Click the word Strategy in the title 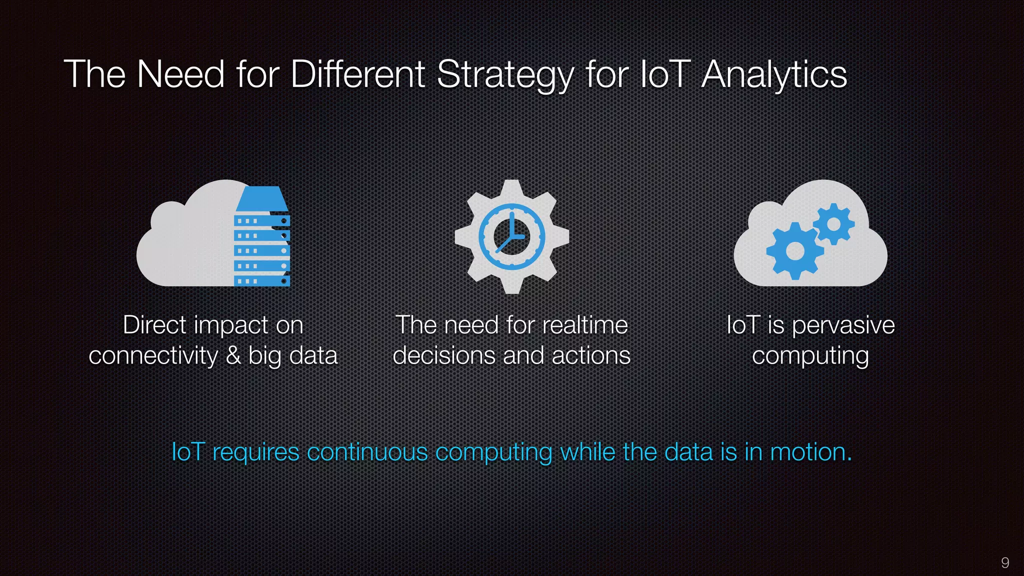505,75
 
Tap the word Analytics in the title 773,75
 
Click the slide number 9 1005,562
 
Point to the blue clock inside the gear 511,236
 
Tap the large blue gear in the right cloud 794,250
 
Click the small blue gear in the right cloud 833,223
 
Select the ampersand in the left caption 233,355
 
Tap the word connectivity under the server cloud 153,355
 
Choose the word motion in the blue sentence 810,452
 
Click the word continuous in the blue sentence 367,452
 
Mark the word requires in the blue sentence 256,453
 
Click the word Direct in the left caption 154,325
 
